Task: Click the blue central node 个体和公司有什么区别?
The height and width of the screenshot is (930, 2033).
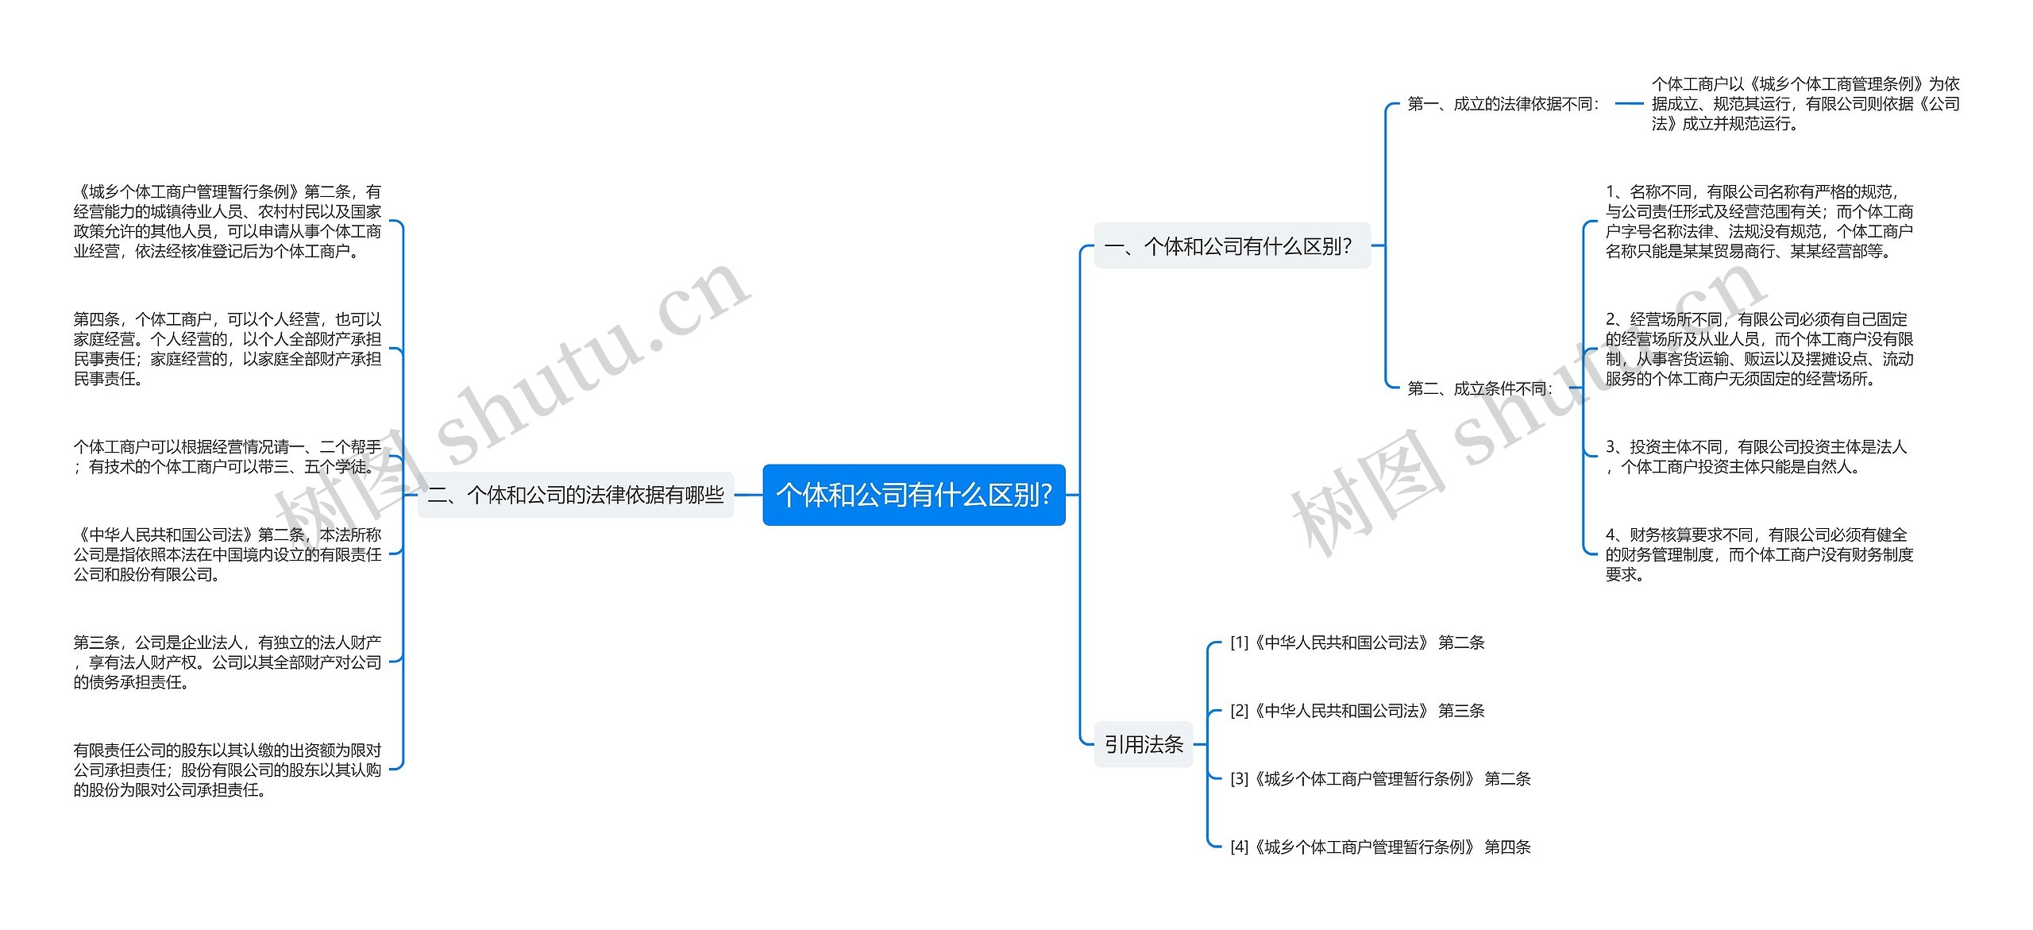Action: coord(913,495)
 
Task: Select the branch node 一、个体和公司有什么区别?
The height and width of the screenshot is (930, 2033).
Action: coord(1232,246)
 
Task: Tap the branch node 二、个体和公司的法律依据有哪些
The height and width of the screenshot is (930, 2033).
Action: coord(576,495)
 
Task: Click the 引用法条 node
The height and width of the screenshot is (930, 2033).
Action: coord(1144,744)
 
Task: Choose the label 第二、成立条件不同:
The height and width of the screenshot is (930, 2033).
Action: coord(1479,388)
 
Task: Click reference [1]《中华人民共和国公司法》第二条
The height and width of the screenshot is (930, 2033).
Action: coord(1356,643)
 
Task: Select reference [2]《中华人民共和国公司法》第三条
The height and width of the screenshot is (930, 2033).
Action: coord(1356,711)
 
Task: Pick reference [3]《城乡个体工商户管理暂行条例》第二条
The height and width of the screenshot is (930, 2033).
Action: coord(1379,779)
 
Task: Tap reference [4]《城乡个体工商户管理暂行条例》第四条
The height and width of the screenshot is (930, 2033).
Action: coord(1379,847)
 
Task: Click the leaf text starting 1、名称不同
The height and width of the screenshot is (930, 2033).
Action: coord(1759,222)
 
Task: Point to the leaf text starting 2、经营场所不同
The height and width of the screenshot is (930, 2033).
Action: coord(1759,349)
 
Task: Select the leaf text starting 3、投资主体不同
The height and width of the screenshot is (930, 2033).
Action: coord(1755,457)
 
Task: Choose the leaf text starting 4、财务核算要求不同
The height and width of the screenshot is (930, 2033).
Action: coord(1759,554)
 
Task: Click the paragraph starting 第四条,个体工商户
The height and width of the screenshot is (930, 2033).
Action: coord(227,349)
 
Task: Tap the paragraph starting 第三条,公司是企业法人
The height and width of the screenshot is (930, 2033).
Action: coord(227,662)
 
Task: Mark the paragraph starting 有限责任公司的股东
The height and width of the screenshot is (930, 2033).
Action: coord(227,770)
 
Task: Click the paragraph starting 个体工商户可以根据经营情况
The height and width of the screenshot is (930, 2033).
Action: coord(227,457)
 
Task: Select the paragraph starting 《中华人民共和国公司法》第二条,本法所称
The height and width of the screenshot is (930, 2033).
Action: coord(227,554)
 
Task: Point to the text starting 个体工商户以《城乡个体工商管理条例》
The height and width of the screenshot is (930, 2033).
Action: coord(1805,104)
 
